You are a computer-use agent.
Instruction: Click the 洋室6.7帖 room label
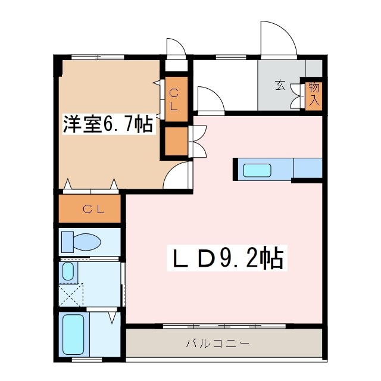(x=108, y=124)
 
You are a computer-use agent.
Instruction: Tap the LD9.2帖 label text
(x=227, y=258)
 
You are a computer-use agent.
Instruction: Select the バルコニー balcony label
(x=217, y=343)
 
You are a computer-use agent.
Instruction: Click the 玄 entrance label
(x=280, y=85)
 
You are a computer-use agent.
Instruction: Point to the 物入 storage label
(x=314, y=93)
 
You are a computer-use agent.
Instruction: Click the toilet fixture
(x=82, y=242)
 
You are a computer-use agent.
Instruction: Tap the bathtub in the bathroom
(x=74, y=336)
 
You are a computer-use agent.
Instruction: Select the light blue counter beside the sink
(x=307, y=168)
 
